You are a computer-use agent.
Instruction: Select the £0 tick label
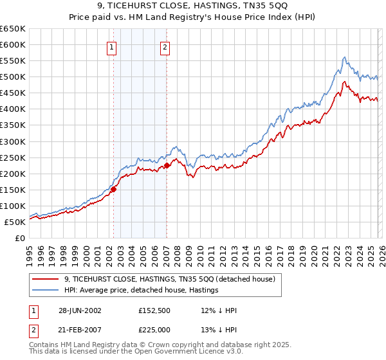pos(19,238)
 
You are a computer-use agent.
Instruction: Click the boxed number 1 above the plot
pos(112,46)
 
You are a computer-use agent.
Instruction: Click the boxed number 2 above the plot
pos(165,46)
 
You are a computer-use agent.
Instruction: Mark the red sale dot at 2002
pos(114,189)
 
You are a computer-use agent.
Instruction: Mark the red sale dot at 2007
pos(167,165)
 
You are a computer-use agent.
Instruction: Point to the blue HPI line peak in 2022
pos(344,57)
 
